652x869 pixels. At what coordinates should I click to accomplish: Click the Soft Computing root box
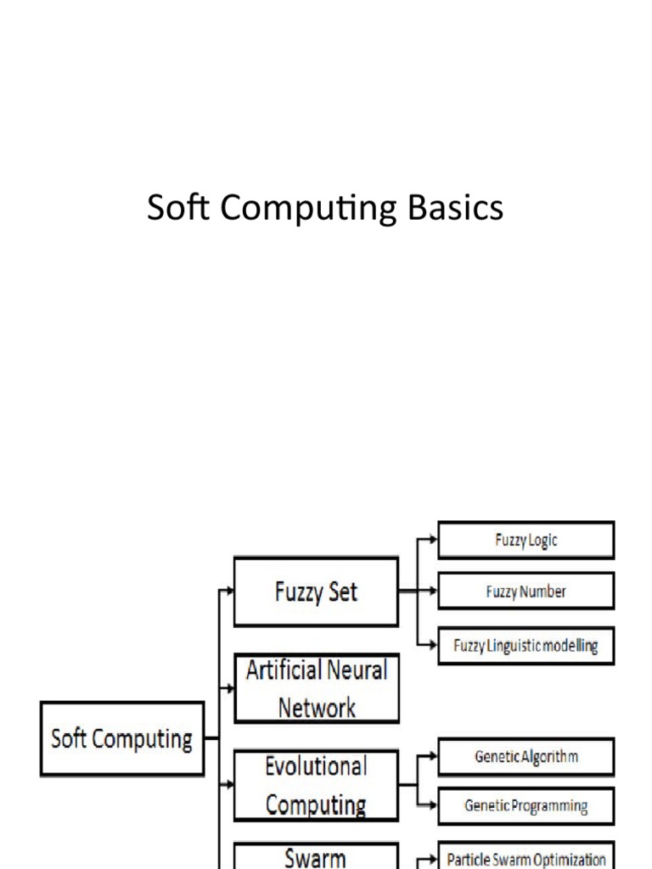122,739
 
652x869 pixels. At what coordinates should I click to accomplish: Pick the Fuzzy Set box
316,591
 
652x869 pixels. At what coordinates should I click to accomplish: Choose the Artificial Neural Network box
316,688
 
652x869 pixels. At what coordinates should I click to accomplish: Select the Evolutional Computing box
316,785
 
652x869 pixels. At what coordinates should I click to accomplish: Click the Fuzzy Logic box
526,540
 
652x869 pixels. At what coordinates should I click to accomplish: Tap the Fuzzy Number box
526,591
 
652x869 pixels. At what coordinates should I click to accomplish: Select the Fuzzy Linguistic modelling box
526,646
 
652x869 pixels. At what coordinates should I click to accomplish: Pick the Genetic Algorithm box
526,756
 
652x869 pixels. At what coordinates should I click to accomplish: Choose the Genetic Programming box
526,805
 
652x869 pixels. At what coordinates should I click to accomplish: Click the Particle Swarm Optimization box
526,859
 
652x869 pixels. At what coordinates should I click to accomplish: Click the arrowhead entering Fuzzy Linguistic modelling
433,646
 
